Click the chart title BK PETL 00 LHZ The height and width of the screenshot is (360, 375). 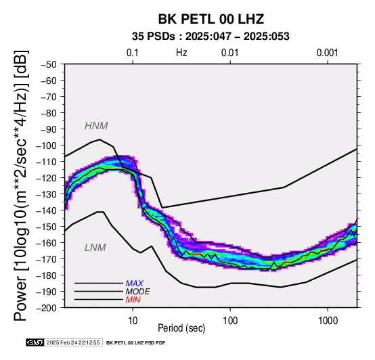[x=211, y=19]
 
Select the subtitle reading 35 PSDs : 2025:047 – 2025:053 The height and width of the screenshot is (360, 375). [x=211, y=37]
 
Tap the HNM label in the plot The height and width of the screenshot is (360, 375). [x=96, y=126]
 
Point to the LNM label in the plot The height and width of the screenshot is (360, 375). [x=95, y=248]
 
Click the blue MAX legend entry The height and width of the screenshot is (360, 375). [x=135, y=284]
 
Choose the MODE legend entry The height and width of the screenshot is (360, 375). [x=138, y=292]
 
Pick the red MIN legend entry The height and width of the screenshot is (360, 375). [x=133, y=300]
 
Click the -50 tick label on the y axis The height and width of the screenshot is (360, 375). [x=49, y=64]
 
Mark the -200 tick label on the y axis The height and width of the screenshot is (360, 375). [x=47, y=308]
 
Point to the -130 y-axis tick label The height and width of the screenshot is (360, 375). [x=47, y=194]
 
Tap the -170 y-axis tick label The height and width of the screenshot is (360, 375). [x=47, y=259]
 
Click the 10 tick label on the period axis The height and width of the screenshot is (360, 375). [x=133, y=321]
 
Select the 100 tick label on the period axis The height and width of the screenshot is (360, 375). [x=230, y=321]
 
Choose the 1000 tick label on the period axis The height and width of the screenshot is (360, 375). [x=328, y=321]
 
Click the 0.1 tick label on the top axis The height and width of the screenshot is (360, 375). [x=133, y=53]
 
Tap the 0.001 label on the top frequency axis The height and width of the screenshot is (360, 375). [x=328, y=53]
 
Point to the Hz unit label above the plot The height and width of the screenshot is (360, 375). [x=181, y=53]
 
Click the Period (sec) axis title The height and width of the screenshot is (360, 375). [x=181, y=328]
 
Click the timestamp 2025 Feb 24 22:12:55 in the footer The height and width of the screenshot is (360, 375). [x=73, y=343]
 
